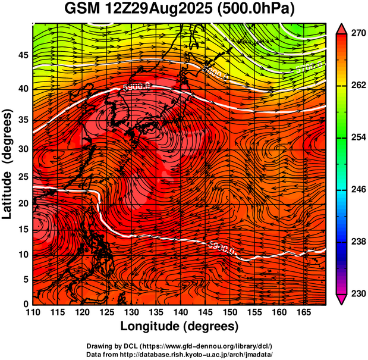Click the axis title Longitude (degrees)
[x=180, y=326]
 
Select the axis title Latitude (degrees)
[x=8, y=164]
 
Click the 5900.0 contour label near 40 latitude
[x=136, y=87]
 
